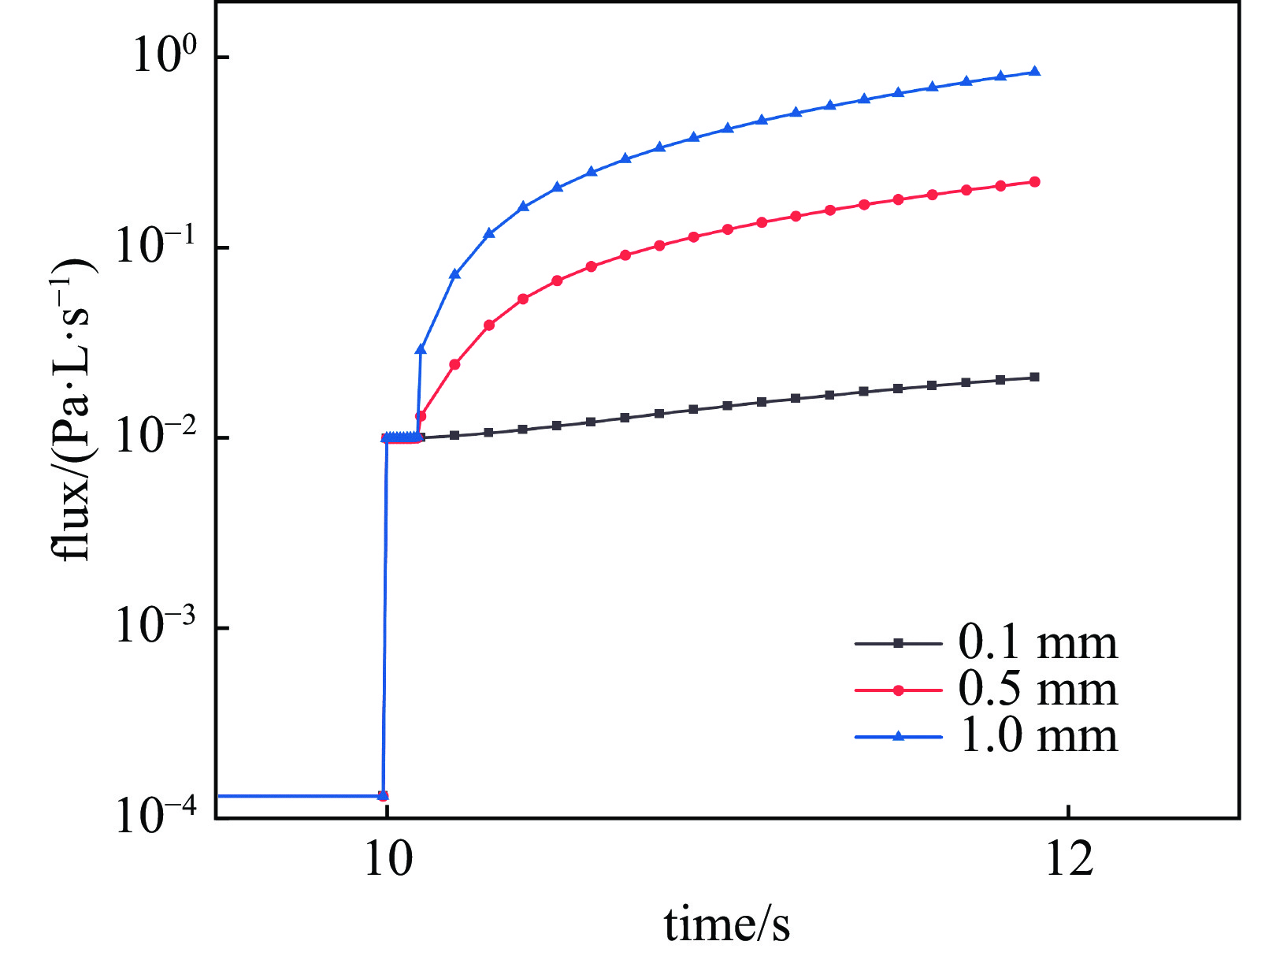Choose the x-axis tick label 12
(x=1069, y=859)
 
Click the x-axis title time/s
(x=726, y=924)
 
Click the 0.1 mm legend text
(x=1037, y=643)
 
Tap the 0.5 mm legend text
(x=1037, y=690)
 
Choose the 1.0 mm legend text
(x=1037, y=736)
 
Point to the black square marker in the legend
(x=898, y=644)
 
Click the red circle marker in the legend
(x=898, y=690)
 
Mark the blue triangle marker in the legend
(x=898, y=736)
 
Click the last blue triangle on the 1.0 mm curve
(x=1035, y=72)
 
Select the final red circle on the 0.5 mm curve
(x=1035, y=182)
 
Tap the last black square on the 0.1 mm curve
(x=1035, y=377)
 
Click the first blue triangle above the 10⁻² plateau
(x=421, y=348)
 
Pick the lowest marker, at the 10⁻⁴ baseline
(x=384, y=796)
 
